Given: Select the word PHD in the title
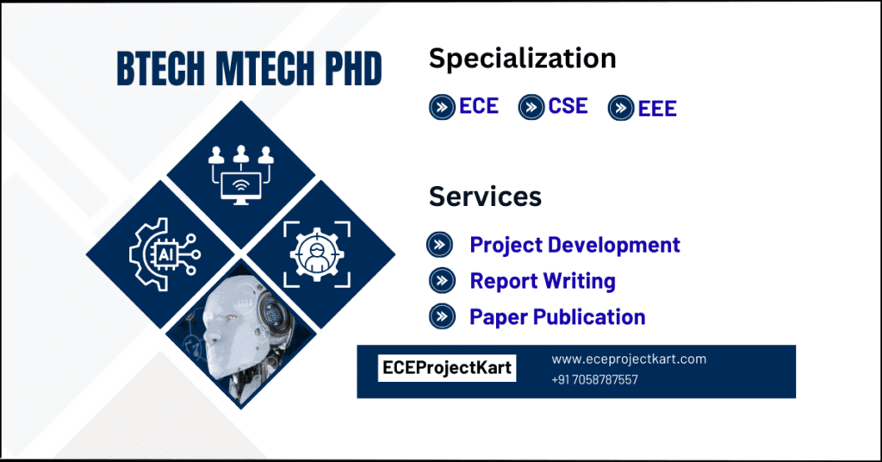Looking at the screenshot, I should pyautogui.click(x=352, y=69).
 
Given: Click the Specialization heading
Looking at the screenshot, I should pyautogui.click(x=522, y=59).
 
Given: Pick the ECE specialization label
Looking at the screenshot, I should pyautogui.click(x=479, y=106).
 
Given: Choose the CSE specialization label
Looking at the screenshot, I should pyautogui.click(x=568, y=106).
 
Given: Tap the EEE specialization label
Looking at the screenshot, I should pyautogui.click(x=657, y=109).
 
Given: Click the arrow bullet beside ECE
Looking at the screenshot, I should pyautogui.click(x=442, y=107).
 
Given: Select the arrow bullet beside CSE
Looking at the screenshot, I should pyautogui.click(x=531, y=107).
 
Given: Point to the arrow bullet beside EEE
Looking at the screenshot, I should pyautogui.click(x=621, y=109).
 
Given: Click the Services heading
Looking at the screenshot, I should pyautogui.click(x=485, y=197).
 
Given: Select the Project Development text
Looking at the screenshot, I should pyautogui.click(x=575, y=245).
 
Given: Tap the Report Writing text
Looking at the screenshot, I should pyautogui.click(x=543, y=281).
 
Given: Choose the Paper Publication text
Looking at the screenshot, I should pyautogui.click(x=557, y=317).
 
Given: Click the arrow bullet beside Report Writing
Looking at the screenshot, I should pyautogui.click(x=441, y=281).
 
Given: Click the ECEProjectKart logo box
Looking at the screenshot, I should pyautogui.click(x=447, y=369).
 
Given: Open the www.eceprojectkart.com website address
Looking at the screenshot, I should pyautogui.click(x=629, y=359).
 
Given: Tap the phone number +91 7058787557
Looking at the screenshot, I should pyautogui.click(x=594, y=379).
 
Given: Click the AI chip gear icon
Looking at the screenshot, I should pyautogui.click(x=161, y=253).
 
